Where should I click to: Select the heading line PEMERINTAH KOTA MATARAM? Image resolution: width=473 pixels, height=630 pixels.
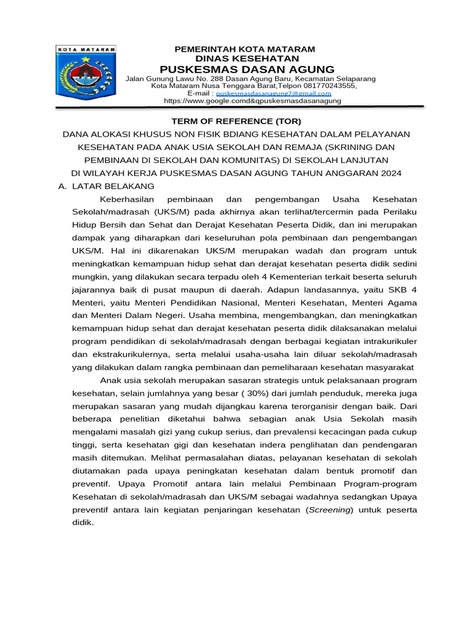(x=245, y=49)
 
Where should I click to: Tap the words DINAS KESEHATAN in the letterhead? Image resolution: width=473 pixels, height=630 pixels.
(x=245, y=58)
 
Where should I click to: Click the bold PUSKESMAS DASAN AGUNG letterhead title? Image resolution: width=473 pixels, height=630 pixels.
(x=247, y=69)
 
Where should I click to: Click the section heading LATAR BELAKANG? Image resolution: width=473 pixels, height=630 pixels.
(x=113, y=186)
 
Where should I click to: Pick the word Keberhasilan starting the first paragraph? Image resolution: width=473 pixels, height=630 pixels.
(x=128, y=199)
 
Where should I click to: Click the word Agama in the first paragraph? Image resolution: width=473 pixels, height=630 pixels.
(x=403, y=303)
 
